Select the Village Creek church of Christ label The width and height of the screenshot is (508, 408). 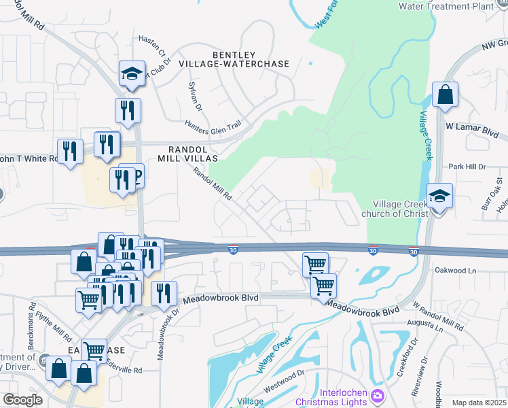pyautogui.click(x=401, y=209)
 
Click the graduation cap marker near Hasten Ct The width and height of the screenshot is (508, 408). pyautogui.click(x=132, y=74)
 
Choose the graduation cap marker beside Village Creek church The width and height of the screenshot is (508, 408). pyautogui.click(x=439, y=196)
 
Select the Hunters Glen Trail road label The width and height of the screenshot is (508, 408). pyautogui.click(x=213, y=125)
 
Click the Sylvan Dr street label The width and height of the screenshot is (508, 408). pyautogui.click(x=196, y=97)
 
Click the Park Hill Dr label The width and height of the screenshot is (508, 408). pyautogui.click(x=468, y=167)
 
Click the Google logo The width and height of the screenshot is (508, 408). pyautogui.click(x=23, y=400)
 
